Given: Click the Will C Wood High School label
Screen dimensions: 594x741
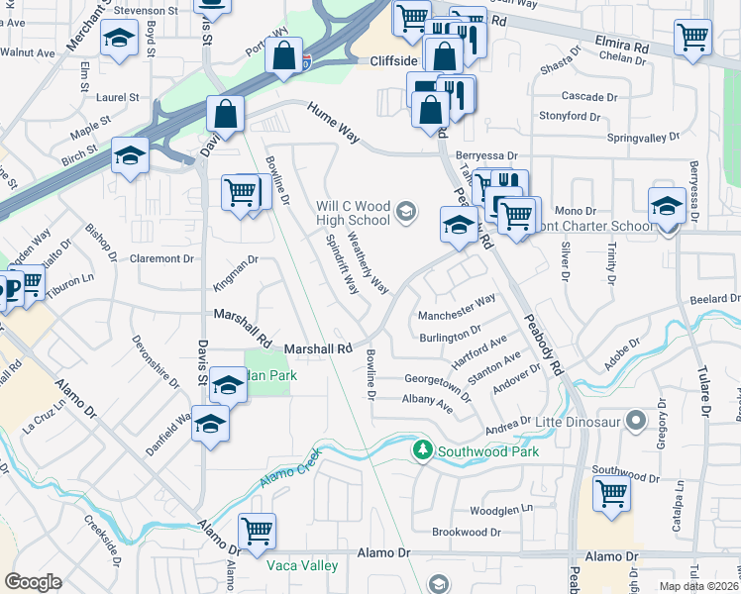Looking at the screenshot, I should tap(353, 213).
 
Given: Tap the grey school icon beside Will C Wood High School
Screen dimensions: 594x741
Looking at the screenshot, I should tap(405, 211).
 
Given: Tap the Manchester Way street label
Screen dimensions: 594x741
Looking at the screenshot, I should tap(456, 316).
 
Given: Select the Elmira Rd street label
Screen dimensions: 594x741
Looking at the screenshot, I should tap(622, 47).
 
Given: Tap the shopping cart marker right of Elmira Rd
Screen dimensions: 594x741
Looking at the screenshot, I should tap(692, 38).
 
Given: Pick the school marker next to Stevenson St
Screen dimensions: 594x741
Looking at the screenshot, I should tap(119, 40).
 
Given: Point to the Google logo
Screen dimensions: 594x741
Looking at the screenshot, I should tap(33, 582).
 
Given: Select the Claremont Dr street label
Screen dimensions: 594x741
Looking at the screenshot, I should tap(161, 258).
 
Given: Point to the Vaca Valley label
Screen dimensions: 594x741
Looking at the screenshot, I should tap(302, 566).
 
